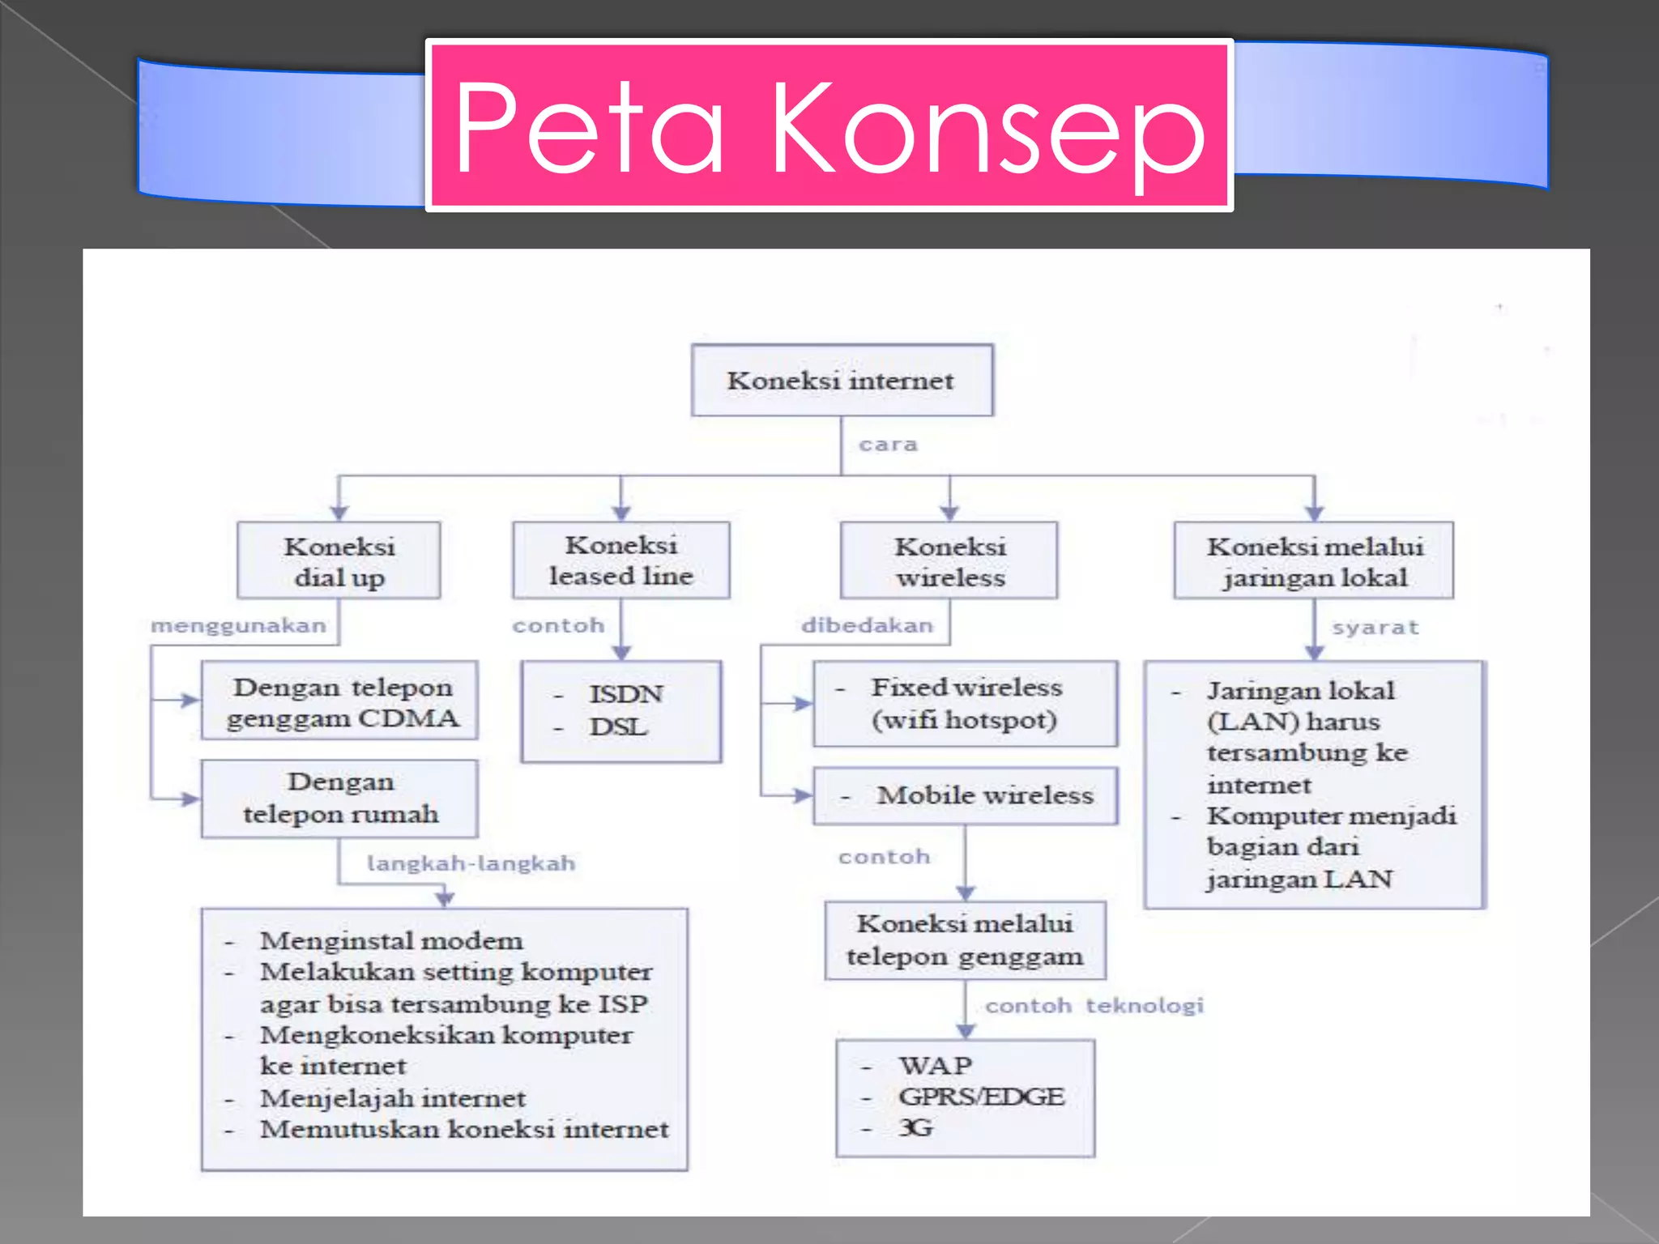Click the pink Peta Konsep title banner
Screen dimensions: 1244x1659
click(829, 126)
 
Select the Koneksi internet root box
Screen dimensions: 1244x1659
click(842, 381)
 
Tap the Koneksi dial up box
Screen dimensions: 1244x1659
click(339, 560)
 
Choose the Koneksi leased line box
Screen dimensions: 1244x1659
click(621, 560)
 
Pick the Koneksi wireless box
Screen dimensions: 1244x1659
click(949, 560)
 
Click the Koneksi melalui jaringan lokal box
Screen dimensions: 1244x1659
click(1314, 560)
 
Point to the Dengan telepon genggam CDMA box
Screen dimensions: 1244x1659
click(340, 701)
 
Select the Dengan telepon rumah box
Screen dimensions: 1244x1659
click(340, 798)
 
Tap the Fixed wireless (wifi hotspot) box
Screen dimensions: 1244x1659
click(966, 703)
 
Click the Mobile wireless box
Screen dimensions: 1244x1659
click(966, 795)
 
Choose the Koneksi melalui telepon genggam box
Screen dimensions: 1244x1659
click(965, 939)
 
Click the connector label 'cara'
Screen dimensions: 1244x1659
click(888, 445)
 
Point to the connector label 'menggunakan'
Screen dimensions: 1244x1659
click(238, 625)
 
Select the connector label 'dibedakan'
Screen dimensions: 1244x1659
click(867, 625)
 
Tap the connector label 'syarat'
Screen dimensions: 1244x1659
click(1375, 627)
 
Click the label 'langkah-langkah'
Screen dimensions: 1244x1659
click(471, 863)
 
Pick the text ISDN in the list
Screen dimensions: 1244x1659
click(625, 694)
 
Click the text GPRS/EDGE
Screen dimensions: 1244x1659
click(981, 1097)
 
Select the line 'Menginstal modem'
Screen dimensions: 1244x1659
click(391, 941)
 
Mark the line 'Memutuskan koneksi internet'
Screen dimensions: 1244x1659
click(464, 1129)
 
